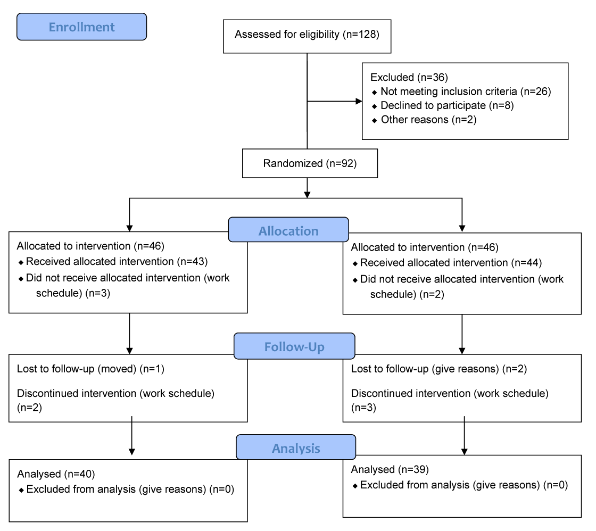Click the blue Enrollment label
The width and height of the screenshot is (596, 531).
tap(82, 27)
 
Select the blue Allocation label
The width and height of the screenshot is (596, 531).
tap(288, 229)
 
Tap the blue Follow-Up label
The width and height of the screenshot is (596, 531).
tap(295, 346)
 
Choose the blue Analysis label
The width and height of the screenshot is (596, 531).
tap(296, 447)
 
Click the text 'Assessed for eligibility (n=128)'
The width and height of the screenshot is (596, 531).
tap(307, 35)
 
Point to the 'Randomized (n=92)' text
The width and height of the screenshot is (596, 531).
tap(310, 163)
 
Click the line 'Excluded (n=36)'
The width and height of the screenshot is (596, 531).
tap(409, 78)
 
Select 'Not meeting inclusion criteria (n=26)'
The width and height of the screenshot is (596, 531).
tap(466, 92)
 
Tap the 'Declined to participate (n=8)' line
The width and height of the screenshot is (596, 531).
tap(447, 106)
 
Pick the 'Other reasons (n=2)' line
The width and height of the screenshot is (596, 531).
tap(429, 120)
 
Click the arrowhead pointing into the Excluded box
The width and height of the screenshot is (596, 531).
tap(359, 101)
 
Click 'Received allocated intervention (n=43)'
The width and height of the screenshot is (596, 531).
tap(117, 261)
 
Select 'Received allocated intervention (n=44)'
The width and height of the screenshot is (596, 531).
tap(451, 263)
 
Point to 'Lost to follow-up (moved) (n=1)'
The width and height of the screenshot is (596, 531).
tap(90, 369)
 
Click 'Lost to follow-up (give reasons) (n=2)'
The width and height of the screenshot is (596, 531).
tap(439, 369)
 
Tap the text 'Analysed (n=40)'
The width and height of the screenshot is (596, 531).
tap(56, 474)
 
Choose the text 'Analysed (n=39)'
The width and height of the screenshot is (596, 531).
tap(390, 469)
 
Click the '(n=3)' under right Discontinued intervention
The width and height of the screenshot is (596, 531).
tap(363, 408)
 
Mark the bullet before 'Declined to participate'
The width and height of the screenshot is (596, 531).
tap(375, 106)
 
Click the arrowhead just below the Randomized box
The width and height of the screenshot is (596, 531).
tap(307, 195)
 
